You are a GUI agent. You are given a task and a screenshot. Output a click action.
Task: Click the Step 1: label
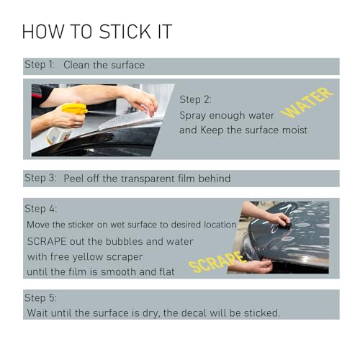coord(40,65)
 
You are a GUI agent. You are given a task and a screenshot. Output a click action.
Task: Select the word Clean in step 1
coord(77,65)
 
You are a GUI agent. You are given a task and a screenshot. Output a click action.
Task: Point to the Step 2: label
coord(195,99)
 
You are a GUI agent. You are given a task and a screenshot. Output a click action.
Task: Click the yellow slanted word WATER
coord(307,103)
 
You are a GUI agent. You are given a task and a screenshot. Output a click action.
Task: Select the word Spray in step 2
coord(193,116)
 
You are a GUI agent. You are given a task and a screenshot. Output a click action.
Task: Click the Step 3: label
coord(40,179)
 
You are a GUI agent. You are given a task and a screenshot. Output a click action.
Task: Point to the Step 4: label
coord(41,209)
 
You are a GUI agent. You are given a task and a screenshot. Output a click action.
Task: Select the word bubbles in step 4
coord(125,241)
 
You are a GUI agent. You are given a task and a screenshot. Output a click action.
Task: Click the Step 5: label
coord(40,298)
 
